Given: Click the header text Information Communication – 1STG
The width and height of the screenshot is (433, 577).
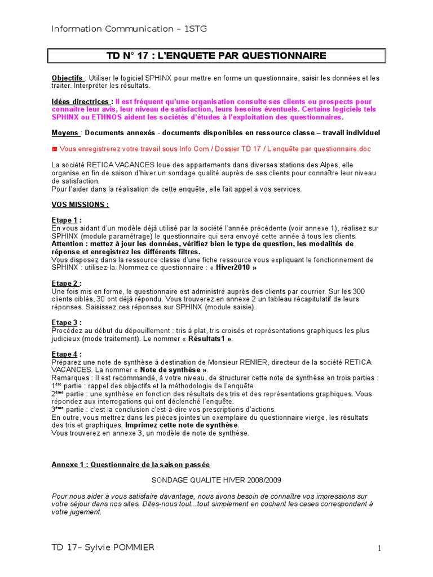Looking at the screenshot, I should point(129,29).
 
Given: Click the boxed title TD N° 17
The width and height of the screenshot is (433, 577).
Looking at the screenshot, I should point(216,56).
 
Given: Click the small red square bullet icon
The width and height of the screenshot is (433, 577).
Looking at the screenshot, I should point(55,149).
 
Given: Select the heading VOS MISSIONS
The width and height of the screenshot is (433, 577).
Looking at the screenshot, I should point(80,205).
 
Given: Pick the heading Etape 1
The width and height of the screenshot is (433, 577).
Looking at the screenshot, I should point(66,220).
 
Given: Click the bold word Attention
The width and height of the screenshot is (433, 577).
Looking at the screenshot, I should point(71,244).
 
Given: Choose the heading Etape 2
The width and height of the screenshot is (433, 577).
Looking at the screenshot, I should point(66,283).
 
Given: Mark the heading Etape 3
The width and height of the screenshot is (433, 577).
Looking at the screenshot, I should point(66,323).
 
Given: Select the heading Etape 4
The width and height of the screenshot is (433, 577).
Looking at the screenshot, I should point(66,354).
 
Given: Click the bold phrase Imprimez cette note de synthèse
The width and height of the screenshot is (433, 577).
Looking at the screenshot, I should point(182,425).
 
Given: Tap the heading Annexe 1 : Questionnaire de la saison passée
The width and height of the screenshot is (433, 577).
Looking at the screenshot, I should point(130,465).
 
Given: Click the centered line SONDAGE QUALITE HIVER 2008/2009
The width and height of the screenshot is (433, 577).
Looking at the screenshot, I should point(216,480).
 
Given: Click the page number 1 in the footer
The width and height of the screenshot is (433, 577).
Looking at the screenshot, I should point(380,548).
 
